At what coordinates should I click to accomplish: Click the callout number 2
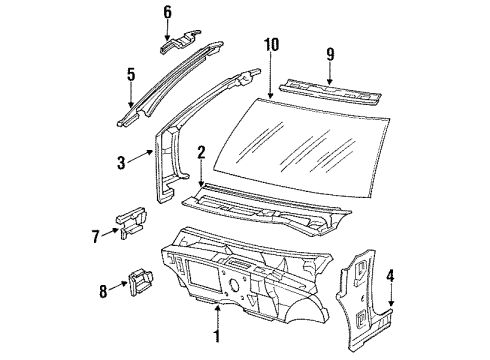(201, 152)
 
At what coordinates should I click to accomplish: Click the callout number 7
(97, 235)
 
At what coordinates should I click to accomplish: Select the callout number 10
(270, 44)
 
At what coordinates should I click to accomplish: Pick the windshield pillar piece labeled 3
(166, 150)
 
